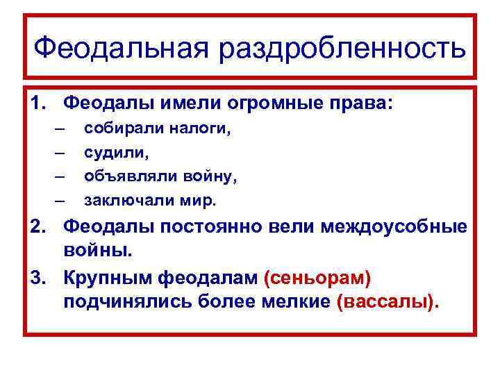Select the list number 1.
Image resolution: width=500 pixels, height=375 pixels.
[37, 103]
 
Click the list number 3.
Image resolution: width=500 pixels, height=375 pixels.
[37, 278]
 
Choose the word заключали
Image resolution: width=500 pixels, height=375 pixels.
[128, 201]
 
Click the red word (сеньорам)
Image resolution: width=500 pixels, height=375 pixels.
[317, 278]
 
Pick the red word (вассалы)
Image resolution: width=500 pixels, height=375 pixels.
[387, 303]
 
